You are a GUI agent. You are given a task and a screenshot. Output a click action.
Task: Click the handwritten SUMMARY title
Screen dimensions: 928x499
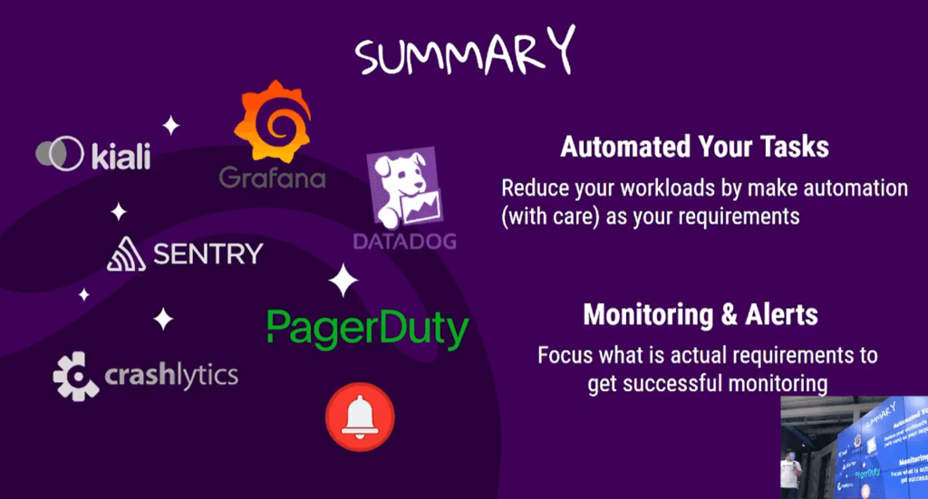(x=465, y=52)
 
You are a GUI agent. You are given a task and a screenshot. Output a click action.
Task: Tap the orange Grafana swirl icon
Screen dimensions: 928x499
(x=273, y=121)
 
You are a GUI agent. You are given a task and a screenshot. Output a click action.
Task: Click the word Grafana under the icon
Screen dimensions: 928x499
(x=272, y=178)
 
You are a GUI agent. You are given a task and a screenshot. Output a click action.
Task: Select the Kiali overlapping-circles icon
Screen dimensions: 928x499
(x=60, y=154)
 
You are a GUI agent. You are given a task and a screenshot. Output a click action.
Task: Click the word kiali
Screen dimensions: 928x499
(x=121, y=156)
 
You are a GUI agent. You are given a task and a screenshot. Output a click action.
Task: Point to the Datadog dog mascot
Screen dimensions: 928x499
(x=405, y=188)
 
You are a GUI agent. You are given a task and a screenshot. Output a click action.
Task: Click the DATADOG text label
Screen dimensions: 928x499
(x=405, y=241)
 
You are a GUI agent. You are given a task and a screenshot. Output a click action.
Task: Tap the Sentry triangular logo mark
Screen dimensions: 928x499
(x=126, y=254)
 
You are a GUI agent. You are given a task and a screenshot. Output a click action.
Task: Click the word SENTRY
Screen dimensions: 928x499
(x=208, y=254)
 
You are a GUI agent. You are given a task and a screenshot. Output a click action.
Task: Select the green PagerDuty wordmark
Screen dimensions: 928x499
(x=368, y=329)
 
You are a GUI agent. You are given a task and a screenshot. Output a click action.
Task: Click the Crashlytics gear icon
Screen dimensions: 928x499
(x=76, y=377)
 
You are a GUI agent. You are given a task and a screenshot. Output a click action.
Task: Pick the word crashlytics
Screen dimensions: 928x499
(x=171, y=376)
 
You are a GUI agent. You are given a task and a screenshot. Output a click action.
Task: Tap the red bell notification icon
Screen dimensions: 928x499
(x=360, y=417)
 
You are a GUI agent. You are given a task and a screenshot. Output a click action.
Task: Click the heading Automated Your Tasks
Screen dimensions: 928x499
(x=695, y=147)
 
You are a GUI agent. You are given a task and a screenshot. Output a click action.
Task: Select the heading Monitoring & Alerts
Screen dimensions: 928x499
(x=701, y=314)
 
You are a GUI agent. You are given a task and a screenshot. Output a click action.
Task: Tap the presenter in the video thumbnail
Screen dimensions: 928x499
(x=790, y=469)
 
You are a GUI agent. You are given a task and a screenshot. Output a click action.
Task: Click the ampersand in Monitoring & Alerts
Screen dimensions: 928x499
(x=730, y=314)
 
